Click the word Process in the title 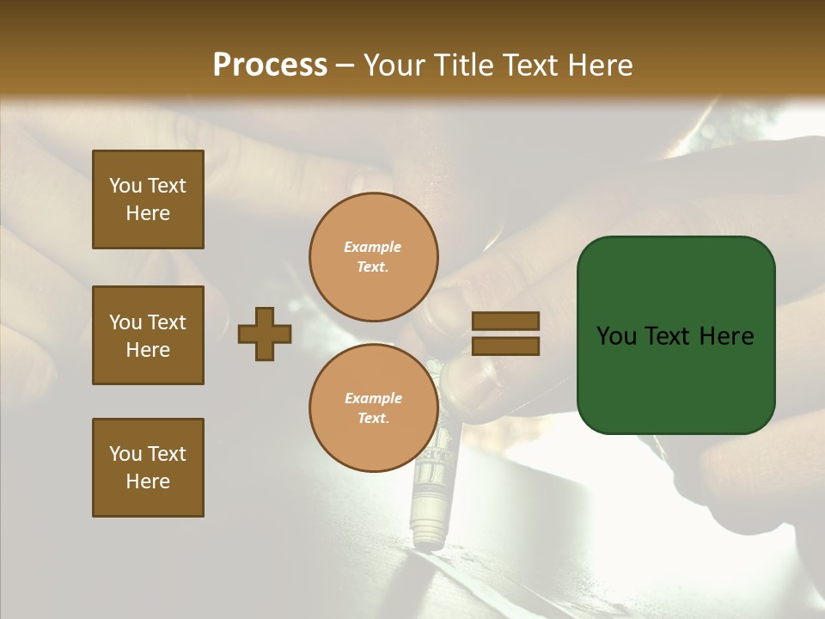tap(270, 64)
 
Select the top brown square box tap(148, 199)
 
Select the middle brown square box tap(148, 335)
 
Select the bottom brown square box tap(148, 468)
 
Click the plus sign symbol tap(265, 334)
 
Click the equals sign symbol tap(505, 334)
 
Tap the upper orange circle tap(374, 257)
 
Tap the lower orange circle tap(374, 408)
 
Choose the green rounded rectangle tap(675, 335)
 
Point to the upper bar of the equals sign tap(505, 322)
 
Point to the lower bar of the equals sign tap(505, 346)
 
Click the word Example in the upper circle tap(373, 247)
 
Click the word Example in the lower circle tap(373, 398)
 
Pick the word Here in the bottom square tap(148, 481)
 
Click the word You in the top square tap(125, 186)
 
